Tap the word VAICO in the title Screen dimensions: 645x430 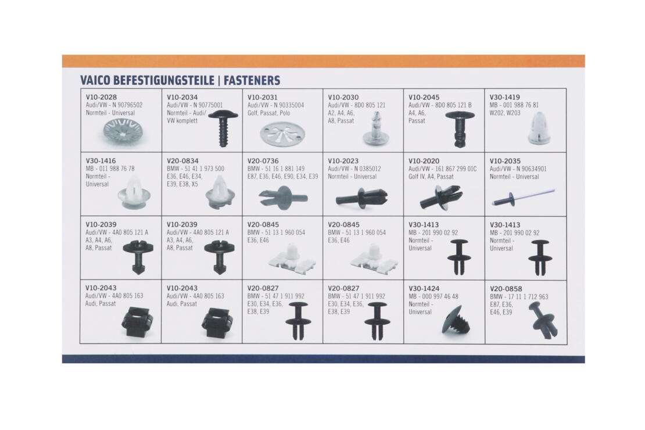[95, 80]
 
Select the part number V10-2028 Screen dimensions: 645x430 [101, 98]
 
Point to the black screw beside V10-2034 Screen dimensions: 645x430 [223, 127]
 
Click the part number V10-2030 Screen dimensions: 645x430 [343, 98]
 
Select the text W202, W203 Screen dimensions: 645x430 [505, 113]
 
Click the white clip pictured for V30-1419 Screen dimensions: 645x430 [538, 128]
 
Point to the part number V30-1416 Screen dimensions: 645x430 [101, 161]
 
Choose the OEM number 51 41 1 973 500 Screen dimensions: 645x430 [202, 169]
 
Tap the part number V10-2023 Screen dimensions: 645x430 [343, 161]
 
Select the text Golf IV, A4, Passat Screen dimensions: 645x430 [431, 177]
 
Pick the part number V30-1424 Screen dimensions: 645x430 [424, 288]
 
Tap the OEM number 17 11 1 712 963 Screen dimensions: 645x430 [528, 297]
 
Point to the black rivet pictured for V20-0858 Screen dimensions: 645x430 [543, 320]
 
